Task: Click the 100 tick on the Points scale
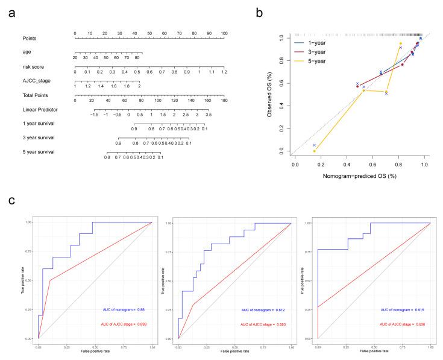pyautogui.click(x=224, y=33)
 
